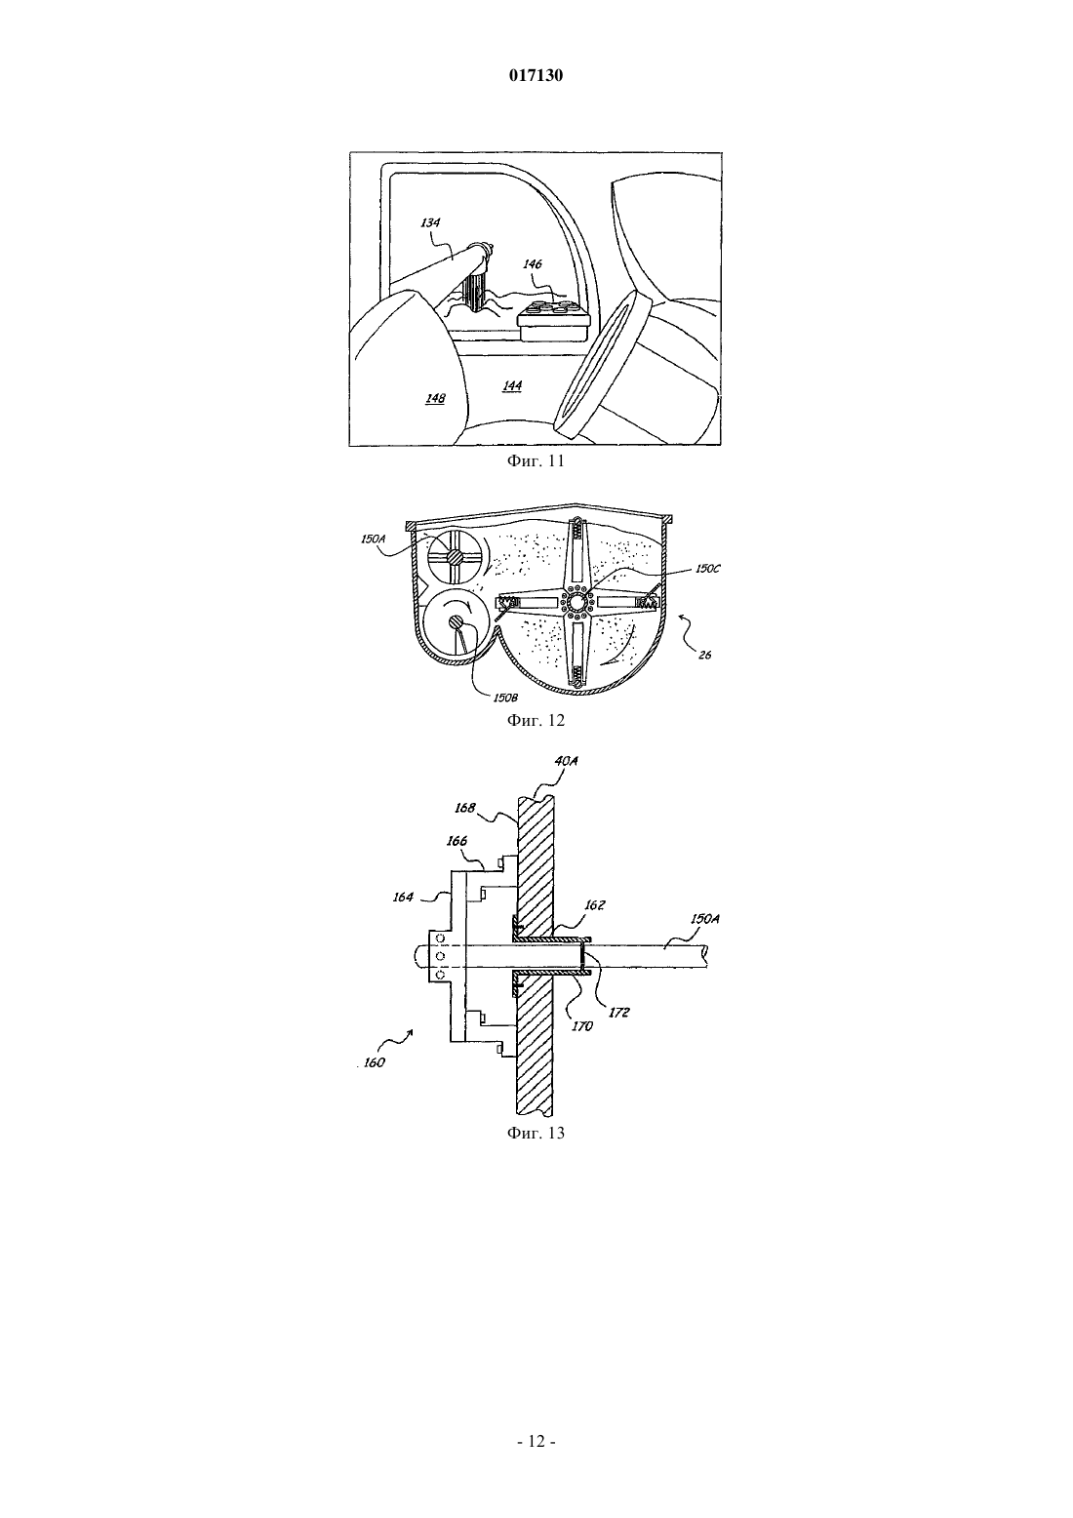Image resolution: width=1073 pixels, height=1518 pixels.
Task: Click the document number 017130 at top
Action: [536, 75]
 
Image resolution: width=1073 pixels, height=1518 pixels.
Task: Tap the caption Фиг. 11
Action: [536, 461]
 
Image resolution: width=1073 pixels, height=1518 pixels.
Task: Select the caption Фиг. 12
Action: [536, 720]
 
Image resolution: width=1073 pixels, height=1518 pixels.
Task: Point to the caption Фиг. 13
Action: [536, 1133]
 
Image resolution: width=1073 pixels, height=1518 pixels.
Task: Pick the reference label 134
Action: [430, 222]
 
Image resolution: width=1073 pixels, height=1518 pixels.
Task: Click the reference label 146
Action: [534, 264]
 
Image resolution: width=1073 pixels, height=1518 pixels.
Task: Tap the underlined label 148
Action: [436, 398]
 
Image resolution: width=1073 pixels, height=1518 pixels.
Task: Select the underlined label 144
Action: [512, 385]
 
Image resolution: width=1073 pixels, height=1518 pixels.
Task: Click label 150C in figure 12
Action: [707, 570]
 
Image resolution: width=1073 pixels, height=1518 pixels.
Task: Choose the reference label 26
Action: [704, 656]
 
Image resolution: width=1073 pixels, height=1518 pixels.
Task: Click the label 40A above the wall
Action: [566, 761]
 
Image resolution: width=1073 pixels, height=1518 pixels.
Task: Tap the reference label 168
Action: [465, 808]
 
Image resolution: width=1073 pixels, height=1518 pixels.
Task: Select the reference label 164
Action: [403, 898]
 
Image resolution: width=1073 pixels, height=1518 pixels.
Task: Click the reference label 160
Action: [374, 1062]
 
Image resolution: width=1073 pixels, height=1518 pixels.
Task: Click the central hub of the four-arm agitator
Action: [576, 602]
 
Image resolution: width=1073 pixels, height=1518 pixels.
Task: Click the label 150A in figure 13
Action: [704, 920]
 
